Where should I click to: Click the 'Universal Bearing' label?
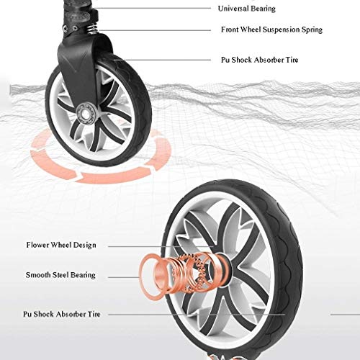247,9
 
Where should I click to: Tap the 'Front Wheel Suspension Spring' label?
271,30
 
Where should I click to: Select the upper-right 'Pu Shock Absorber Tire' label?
260,60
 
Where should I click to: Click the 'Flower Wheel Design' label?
61,245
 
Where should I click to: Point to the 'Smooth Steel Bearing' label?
60,275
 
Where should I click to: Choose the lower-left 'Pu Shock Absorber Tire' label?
62,314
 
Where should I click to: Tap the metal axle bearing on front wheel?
87,113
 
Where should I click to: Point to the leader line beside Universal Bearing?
153,8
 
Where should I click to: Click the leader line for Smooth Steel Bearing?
124,277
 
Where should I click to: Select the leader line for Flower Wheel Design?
161,246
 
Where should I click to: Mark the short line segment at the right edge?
345,315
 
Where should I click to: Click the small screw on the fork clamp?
66,28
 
